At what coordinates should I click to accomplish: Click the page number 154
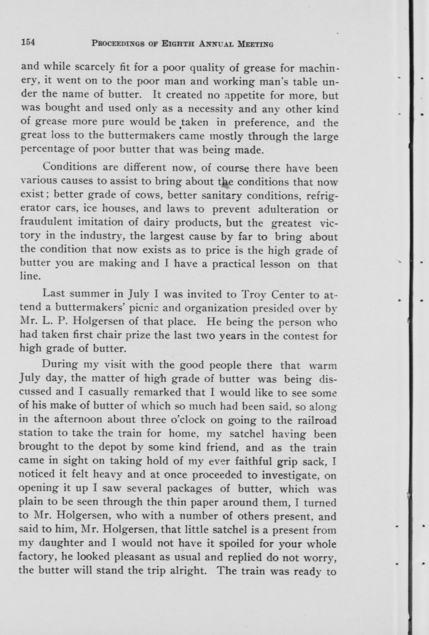click(x=28, y=43)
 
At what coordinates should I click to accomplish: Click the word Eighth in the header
click(x=177, y=44)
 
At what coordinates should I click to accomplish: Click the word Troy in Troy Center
click(x=254, y=294)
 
